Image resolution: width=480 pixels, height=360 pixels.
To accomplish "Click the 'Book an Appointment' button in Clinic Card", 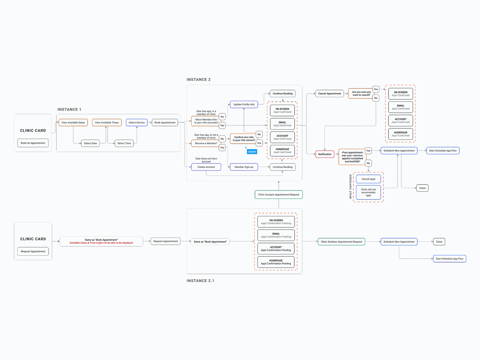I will (33, 143).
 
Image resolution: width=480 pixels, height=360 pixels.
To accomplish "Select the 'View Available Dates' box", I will (73, 122).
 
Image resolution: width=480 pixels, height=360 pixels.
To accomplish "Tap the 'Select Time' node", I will (124, 143).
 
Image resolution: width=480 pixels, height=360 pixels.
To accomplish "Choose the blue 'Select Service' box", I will (136, 122).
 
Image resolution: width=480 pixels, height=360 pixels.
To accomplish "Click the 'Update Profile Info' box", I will (244, 104).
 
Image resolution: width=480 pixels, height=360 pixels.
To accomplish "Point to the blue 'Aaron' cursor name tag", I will (252, 152).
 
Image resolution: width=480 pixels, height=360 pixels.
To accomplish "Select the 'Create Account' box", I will (206, 167).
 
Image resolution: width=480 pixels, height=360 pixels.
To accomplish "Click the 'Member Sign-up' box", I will (244, 167).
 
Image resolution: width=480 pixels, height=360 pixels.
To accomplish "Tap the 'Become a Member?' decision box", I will (206, 143).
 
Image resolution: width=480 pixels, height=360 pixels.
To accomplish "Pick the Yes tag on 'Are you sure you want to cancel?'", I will (376, 89).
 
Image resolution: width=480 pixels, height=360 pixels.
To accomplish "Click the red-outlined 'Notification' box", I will (325, 154).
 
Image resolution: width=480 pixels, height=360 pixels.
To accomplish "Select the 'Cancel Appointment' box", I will (329, 94).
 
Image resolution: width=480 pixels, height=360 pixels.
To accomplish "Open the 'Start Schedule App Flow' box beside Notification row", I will (443, 151).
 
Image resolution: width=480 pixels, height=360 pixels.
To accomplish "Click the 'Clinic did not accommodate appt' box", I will (368, 192).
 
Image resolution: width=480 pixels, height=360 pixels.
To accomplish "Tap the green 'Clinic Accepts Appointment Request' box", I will (279, 195).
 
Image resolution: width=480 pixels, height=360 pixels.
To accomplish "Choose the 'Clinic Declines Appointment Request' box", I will (341, 242).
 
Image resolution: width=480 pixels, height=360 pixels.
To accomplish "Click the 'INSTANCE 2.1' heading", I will (200, 281).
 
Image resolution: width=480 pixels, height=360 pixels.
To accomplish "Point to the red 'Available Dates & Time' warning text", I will (101, 243).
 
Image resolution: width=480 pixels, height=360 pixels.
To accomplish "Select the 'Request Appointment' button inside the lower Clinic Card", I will (33, 251).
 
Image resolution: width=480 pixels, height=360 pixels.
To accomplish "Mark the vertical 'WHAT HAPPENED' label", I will (350, 187).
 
